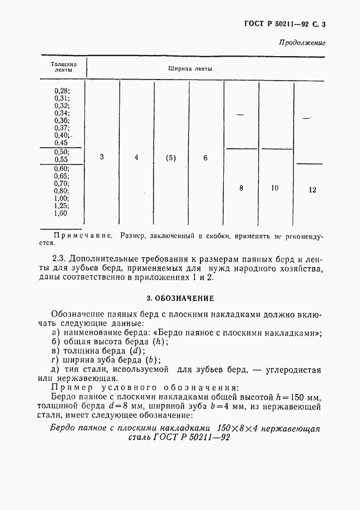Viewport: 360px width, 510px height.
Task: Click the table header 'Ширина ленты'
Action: coord(190,69)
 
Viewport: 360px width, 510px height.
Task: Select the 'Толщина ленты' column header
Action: coord(63,68)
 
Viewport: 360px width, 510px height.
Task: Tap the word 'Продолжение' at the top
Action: coord(302,42)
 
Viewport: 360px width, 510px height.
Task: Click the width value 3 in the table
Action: coord(102,157)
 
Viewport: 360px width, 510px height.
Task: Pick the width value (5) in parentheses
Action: coord(171,158)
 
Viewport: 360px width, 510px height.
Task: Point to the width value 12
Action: coord(312,190)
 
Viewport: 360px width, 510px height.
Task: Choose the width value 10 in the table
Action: coord(274,188)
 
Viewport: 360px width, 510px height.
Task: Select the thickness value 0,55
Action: coord(62,160)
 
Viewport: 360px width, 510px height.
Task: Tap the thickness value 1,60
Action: coord(62,214)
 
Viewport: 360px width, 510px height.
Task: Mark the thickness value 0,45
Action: coord(62,142)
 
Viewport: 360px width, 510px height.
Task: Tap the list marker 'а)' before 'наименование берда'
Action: coord(55,333)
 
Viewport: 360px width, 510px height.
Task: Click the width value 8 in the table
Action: coord(241,188)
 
